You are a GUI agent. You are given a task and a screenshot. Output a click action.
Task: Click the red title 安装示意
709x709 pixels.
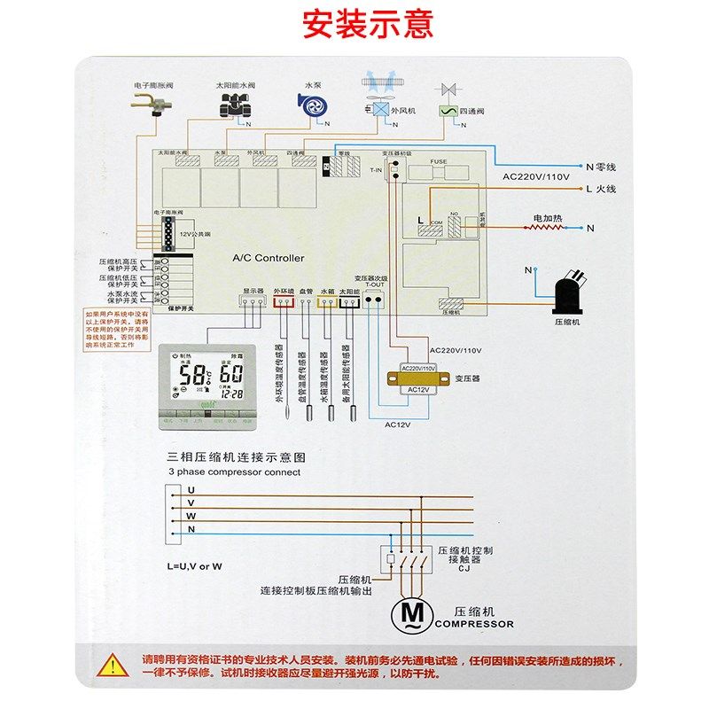pos(368,24)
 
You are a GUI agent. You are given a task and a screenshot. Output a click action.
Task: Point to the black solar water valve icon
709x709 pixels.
pos(234,105)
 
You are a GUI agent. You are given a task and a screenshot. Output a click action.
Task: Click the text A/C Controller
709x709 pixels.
pos(268,258)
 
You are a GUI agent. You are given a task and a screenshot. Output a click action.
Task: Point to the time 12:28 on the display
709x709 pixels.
pos(231,393)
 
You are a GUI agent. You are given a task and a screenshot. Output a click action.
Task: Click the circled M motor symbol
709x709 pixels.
pos(411,612)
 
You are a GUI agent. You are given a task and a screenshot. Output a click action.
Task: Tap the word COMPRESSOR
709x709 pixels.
pos(474,624)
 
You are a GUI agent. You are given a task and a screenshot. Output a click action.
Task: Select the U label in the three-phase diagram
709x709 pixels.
pos(191,488)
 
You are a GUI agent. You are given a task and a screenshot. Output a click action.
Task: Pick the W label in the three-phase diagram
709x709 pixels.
pos(191,515)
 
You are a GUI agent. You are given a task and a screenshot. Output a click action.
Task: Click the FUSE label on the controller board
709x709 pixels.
pos(439,161)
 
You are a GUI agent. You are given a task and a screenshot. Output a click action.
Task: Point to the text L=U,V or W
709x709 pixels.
pos(194,565)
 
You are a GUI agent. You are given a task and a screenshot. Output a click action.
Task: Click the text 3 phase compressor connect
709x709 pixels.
pos(234,472)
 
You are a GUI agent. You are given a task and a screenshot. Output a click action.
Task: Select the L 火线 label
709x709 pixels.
pos(600,189)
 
